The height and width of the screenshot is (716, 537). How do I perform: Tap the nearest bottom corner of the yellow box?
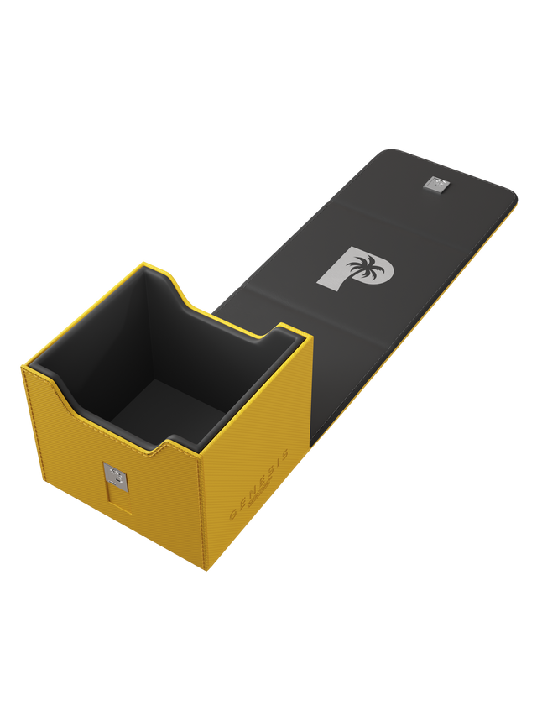pos(203,572)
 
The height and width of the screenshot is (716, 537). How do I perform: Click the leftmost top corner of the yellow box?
pos(23,366)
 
